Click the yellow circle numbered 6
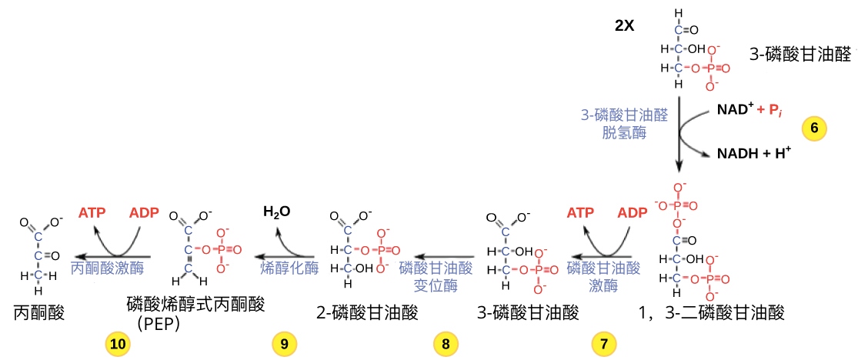(x=814, y=127)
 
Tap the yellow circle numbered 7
(x=603, y=344)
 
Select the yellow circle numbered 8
(x=446, y=344)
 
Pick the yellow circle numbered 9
(x=284, y=344)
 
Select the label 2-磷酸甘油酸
(x=367, y=313)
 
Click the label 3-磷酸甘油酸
(x=528, y=313)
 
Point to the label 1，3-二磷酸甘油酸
(x=711, y=313)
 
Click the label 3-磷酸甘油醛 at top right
(x=800, y=54)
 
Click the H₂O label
(x=277, y=212)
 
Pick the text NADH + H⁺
(x=755, y=153)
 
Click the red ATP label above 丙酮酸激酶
(x=92, y=213)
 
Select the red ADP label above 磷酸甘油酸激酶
(x=633, y=213)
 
